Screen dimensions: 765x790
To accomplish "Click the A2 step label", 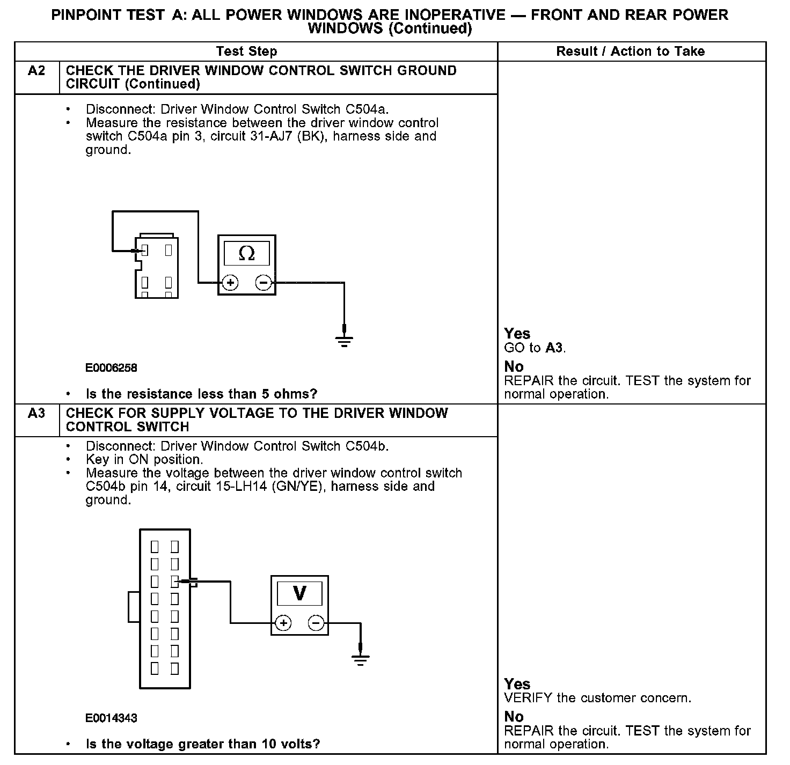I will [x=36, y=71].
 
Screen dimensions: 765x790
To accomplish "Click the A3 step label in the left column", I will [x=36, y=413].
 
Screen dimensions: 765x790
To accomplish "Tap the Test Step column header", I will [x=246, y=52].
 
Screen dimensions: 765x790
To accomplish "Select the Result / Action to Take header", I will [x=630, y=52].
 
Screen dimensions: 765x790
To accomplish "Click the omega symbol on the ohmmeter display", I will [x=246, y=253].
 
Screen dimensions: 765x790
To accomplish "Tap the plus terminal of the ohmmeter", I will [x=230, y=282].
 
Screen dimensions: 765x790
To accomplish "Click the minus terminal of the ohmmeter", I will [x=263, y=282].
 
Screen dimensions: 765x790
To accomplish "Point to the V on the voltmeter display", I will [x=299, y=593].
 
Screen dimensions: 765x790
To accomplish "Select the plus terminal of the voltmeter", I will [x=283, y=623].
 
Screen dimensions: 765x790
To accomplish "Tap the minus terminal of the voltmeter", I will [x=316, y=623].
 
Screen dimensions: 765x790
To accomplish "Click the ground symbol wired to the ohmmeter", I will [x=344, y=339].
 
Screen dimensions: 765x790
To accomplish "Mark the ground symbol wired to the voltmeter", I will [x=361, y=658].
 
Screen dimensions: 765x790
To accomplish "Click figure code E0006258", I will [x=111, y=368].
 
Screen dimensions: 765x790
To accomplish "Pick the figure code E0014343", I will [x=111, y=718].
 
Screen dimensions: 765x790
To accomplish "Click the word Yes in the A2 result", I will [x=517, y=334].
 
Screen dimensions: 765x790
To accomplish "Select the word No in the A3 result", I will [x=514, y=716].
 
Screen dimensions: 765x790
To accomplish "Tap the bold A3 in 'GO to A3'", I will [x=554, y=348].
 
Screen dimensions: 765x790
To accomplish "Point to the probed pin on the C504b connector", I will [x=174, y=581].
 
